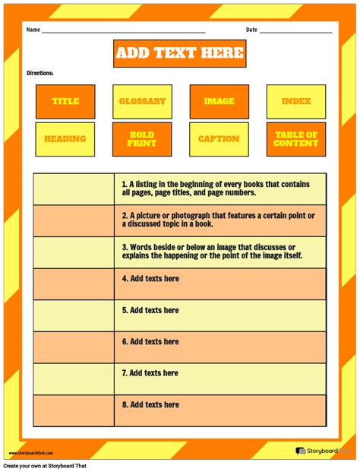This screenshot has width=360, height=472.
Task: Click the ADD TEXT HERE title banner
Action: (179, 52)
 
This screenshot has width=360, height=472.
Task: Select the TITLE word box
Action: (65, 101)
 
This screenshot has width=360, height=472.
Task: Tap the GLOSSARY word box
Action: (142, 101)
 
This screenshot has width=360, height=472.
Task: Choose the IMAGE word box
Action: (219, 101)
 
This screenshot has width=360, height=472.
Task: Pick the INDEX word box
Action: (295, 101)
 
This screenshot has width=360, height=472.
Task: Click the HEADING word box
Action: (65, 139)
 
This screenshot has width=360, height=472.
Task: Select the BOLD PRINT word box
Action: (142, 139)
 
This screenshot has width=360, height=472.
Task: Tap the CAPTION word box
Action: (219, 139)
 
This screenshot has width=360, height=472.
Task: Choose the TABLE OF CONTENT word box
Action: (295, 139)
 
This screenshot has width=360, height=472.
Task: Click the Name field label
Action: (33, 30)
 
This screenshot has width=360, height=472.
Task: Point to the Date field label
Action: (251, 30)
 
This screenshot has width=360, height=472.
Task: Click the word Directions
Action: (40, 73)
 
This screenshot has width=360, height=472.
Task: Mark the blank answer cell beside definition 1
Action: (74, 188)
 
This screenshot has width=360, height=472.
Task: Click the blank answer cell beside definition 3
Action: (74, 252)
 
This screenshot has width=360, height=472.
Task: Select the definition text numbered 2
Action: (219, 220)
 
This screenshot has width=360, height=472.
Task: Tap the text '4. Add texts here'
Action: (150, 279)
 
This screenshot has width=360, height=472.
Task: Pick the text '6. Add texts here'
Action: (150, 342)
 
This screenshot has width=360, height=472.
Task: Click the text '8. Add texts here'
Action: (150, 404)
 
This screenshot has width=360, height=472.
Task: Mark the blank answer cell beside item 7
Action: (74, 379)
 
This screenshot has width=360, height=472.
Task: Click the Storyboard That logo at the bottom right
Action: (322, 451)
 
